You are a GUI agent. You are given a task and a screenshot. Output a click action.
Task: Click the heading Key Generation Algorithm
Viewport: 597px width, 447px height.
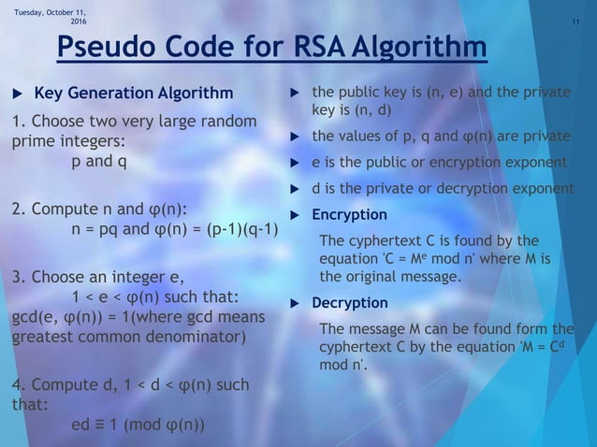(134, 94)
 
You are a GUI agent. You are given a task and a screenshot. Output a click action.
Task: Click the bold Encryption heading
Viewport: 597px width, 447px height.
(349, 214)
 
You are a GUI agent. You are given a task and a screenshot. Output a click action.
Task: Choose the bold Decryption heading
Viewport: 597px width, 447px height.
(349, 303)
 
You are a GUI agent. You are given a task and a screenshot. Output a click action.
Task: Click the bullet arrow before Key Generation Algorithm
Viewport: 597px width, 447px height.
(16, 94)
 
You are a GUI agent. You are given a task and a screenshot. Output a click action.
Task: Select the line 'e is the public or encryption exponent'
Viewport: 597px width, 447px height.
(439, 163)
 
